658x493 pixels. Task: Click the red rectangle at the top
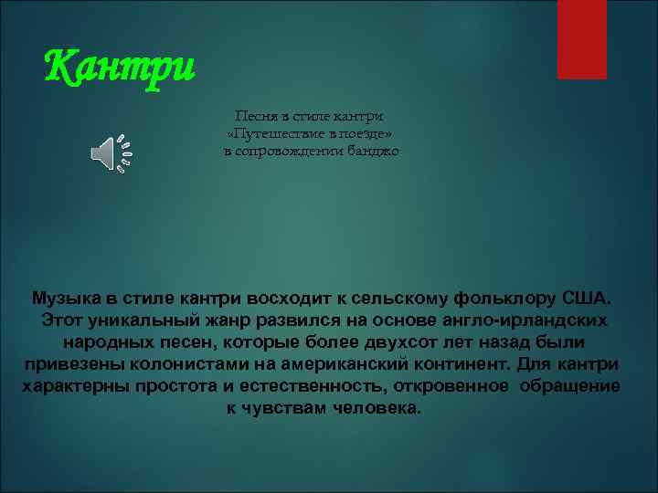tap(581, 38)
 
